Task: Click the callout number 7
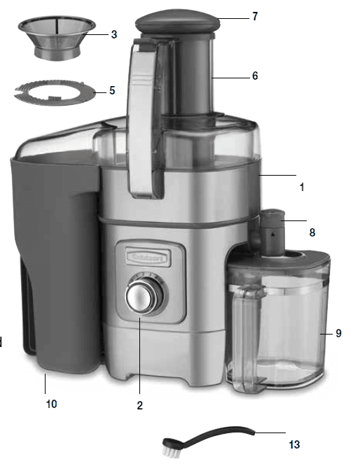255,16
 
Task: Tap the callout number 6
255,76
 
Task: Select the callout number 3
113,33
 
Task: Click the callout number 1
302,188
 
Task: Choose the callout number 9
338,333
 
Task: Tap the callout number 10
51,404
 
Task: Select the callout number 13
295,444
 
